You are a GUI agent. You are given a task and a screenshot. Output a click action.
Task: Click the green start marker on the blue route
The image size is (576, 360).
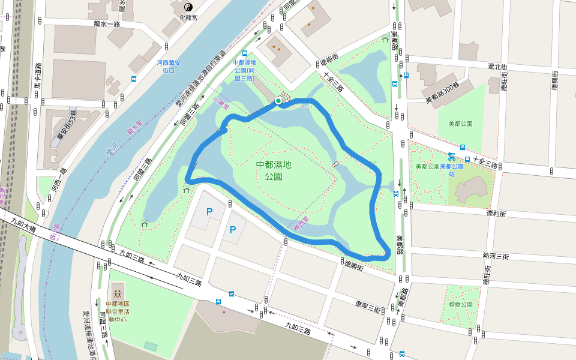point(278,101)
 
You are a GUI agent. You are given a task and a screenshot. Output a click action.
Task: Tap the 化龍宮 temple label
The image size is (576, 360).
point(188,18)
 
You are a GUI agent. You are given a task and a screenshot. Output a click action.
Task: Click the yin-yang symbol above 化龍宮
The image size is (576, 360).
point(188,7)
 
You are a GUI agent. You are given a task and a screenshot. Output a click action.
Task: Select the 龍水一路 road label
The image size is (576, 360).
point(107,24)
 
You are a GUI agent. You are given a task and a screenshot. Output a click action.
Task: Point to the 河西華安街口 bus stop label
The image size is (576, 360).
point(172,66)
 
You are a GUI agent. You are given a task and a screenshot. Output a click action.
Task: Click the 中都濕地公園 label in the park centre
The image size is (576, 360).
point(278,170)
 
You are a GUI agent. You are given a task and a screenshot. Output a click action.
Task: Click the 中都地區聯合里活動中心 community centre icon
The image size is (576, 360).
point(118,294)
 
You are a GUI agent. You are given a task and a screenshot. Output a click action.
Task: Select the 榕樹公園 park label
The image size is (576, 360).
point(461,304)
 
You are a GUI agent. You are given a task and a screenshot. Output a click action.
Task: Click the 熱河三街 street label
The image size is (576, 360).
point(496,256)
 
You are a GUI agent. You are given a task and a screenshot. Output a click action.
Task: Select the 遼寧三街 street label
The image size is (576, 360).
point(367,306)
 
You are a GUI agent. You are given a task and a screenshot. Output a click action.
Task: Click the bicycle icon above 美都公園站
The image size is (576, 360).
point(451,158)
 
